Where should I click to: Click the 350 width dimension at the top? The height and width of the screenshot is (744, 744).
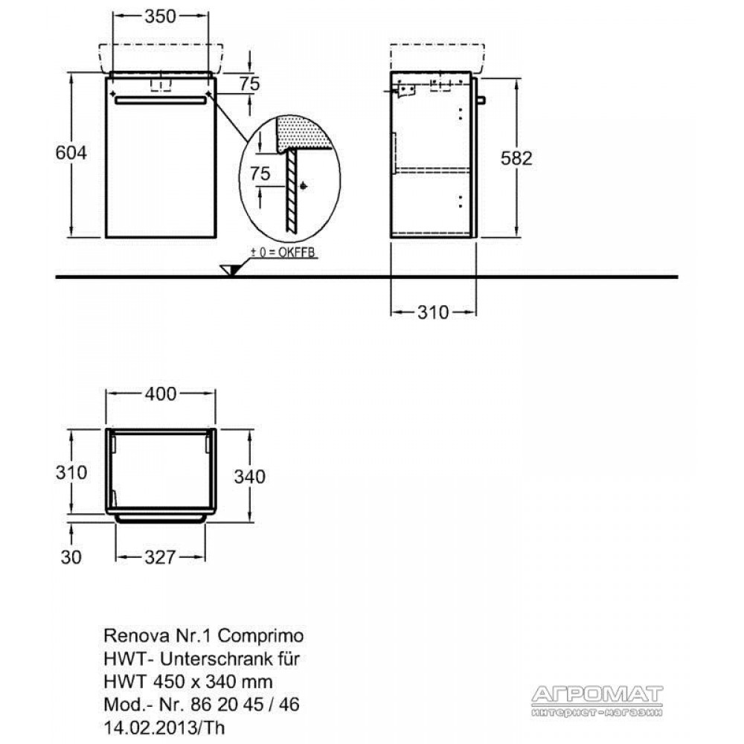[161, 16]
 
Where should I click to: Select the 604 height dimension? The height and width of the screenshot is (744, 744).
[71, 153]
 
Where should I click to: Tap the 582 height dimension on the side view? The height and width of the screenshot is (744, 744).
[516, 158]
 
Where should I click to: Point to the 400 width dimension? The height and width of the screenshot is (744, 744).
[161, 394]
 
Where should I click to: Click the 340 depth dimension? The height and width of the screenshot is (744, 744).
[249, 476]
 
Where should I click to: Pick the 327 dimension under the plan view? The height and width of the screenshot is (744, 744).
[161, 557]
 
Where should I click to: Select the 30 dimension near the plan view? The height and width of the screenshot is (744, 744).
[71, 557]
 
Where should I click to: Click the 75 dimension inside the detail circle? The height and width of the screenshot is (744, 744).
[260, 173]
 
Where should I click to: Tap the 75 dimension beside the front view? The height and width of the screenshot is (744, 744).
[249, 85]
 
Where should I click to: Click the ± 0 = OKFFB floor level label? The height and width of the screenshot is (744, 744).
[283, 252]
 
